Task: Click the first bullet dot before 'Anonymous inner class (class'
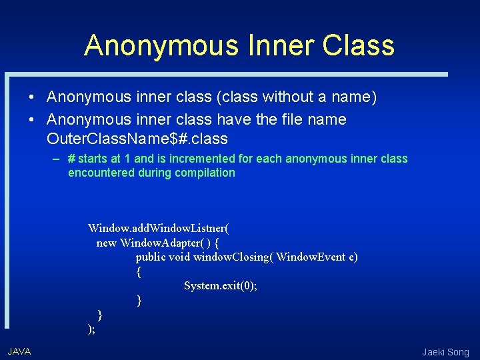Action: pos(31,97)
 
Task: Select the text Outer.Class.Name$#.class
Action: pos(137,139)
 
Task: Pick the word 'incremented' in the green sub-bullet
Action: pos(212,159)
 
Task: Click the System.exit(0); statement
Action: pos(221,285)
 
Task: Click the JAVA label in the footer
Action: pos(19,351)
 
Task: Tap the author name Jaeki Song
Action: pos(445,352)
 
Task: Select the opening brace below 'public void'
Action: pos(139,271)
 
